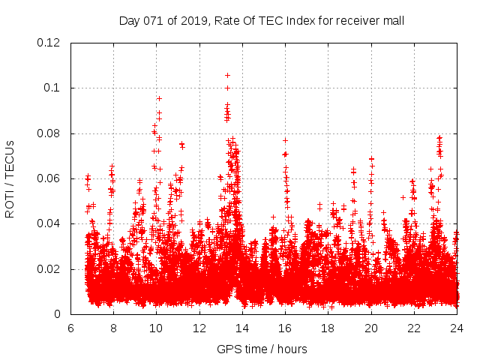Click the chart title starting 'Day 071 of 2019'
point(262,20)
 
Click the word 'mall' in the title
point(393,20)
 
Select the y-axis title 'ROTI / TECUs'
point(10,178)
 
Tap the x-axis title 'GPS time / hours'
point(262,349)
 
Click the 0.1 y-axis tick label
point(54,88)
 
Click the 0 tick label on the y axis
point(60,314)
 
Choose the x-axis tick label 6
point(70,328)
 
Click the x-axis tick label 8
point(113,328)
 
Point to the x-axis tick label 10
point(156,328)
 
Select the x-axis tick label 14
point(242,328)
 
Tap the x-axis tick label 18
point(328,328)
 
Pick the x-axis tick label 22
point(414,328)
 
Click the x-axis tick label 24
point(456,328)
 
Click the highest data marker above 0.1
point(227,75)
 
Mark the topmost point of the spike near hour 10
point(159,98)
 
